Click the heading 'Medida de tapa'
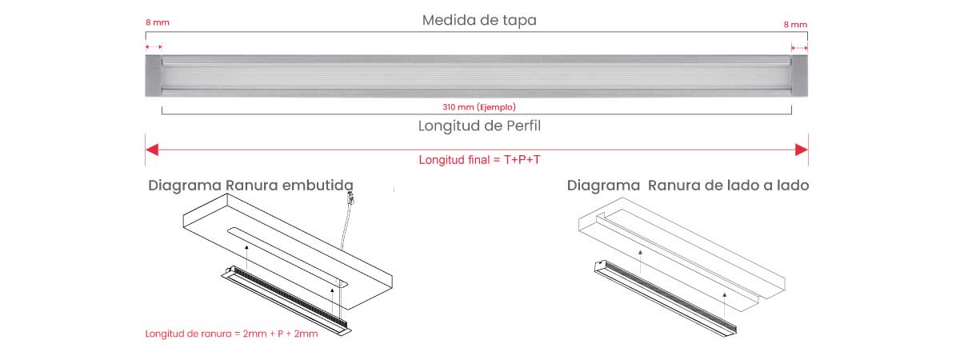click(479, 20)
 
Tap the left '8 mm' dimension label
click(158, 22)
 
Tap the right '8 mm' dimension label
click(795, 25)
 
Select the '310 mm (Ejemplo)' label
click(479, 106)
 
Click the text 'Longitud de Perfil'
click(479, 126)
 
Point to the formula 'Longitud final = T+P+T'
click(479, 160)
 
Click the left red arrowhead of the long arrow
click(152, 150)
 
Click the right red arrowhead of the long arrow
click(802, 150)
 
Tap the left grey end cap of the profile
click(153, 76)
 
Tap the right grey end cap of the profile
click(800, 76)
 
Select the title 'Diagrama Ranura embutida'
click(250, 186)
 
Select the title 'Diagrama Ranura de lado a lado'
click(688, 186)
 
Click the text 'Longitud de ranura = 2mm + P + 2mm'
click(231, 334)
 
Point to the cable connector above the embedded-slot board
click(350, 198)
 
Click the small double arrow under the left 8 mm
click(154, 46)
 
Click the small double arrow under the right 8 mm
click(800, 48)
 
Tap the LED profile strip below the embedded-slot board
click(286, 301)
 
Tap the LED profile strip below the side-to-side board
click(666, 298)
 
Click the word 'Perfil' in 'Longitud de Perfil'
click(524, 126)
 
